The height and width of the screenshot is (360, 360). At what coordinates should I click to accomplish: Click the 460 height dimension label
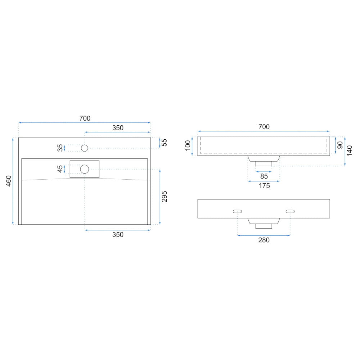click(x=9, y=181)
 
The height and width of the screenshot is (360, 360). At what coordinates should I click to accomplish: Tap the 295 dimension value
click(x=165, y=197)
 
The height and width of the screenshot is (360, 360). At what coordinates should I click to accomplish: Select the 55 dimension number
click(x=165, y=143)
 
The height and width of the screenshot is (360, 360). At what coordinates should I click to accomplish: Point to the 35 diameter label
click(x=60, y=148)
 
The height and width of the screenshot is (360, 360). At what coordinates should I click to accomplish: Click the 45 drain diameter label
click(x=60, y=169)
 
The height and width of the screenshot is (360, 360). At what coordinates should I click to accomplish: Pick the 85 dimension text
click(x=264, y=176)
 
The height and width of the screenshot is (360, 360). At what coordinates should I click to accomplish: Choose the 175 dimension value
click(x=264, y=186)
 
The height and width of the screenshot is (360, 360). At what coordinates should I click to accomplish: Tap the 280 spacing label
click(x=264, y=240)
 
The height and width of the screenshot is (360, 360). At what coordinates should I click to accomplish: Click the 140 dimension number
click(x=349, y=151)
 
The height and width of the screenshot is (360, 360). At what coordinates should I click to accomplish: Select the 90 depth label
click(x=340, y=145)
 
